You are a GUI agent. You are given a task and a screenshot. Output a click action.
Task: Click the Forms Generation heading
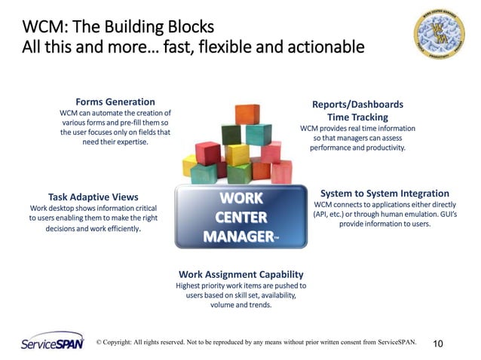(x=115, y=102)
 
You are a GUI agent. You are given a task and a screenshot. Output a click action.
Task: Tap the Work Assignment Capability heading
(x=241, y=274)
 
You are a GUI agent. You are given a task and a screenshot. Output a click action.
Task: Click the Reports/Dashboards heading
(x=357, y=104)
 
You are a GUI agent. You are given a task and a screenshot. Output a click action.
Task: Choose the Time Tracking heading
(x=358, y=117)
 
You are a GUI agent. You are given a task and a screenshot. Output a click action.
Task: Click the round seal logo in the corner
(x=439, y=34)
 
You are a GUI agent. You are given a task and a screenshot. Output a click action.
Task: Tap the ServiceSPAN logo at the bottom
(x=51, y=342)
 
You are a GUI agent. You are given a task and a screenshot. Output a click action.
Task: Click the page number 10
(x=438, y=343)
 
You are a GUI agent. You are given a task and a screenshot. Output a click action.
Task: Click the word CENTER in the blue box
(x=240, y=218)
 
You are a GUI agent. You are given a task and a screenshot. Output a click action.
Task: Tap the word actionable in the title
(x=324, y=47)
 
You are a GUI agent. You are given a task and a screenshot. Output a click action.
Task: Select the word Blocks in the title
(x=186, y=27)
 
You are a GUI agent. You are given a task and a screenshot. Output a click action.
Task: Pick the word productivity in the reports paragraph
(x=383, y=148)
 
